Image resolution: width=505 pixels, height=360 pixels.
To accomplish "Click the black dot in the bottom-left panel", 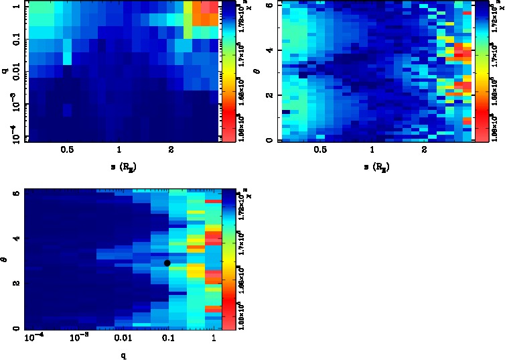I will coord(167,263).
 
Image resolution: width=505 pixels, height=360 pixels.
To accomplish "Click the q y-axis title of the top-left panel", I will coord(5,66).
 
